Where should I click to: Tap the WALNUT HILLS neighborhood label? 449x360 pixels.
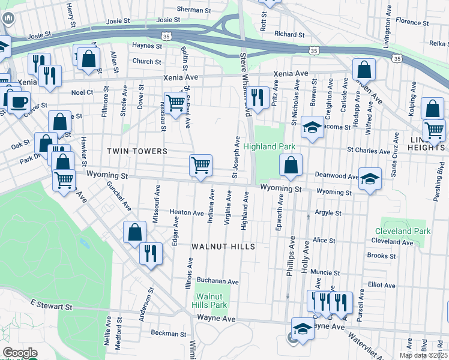(x=223, y=247)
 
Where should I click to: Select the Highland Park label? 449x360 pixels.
(x=269, y=146)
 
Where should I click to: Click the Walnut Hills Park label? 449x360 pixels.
(x=210, y=301)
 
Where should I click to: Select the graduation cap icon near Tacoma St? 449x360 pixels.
(x=312, y=127)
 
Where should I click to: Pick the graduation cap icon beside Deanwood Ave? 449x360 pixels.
(x=370, y=178)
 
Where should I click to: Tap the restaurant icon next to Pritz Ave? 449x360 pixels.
(x=258, y=97)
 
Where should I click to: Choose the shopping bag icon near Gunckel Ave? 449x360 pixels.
(x=135, y=232)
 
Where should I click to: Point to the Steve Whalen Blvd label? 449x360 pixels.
(x=244, y=84)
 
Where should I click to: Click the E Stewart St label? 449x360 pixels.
(x=51, y=306)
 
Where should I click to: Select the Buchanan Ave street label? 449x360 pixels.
(x=218, y=281)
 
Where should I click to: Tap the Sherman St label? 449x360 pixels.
(x=195, y=10)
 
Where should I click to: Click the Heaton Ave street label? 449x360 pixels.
(x=187, y=212)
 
